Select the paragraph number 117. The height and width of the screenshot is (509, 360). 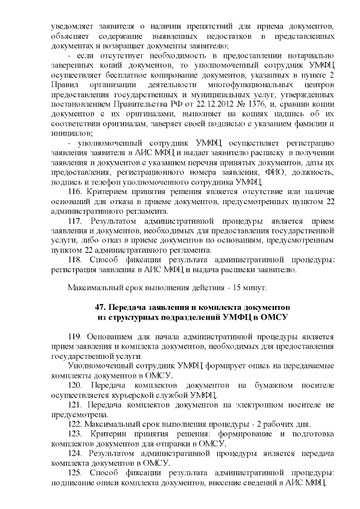tap(75, 222)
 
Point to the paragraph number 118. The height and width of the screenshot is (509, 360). tap(75, 260)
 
